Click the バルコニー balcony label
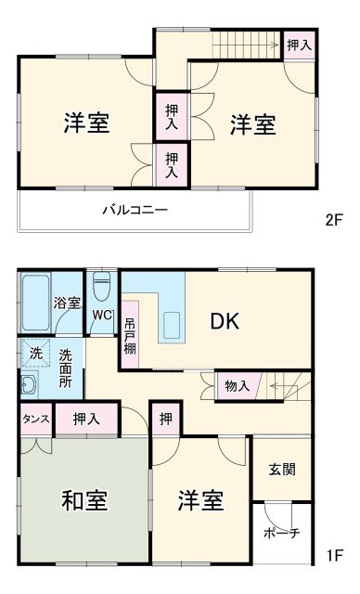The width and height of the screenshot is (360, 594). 135,210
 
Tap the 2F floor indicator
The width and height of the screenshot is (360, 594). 334,221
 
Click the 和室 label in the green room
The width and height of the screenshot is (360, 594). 84,501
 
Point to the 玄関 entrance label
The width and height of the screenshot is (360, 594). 283,470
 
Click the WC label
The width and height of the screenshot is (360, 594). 102,315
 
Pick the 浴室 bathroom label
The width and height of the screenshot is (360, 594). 67,303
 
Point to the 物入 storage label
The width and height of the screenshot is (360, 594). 238,384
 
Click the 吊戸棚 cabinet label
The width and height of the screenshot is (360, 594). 129,336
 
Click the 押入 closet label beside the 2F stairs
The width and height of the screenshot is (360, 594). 298,45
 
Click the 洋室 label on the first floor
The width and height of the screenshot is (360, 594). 201,501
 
